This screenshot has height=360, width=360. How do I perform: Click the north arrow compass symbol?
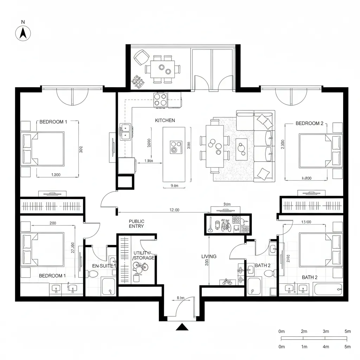tap(23, 34)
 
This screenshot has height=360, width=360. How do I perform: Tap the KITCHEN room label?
tap(165, 120)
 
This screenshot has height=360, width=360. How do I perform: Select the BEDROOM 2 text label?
tap(309, 123)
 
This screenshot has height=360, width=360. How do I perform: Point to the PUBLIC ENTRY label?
tap(136, 224)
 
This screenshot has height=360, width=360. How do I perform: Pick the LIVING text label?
tap(209, 257)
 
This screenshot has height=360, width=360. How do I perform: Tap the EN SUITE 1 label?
tap(104, 266)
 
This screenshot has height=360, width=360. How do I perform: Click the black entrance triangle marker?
tap(182, 327)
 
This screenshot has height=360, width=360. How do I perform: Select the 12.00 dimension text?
tap(174, 210)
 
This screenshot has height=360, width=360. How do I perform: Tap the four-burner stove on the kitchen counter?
tap(161, 99)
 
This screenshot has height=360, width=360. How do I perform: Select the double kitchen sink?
tap(126, 131)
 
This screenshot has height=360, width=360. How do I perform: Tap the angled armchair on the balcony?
tap(141, 57)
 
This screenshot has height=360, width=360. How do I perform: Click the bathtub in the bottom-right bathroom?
tap(327, 290)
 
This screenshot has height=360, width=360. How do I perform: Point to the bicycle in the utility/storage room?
tap(140, 268)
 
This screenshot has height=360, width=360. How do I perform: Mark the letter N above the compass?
tap(23, 22)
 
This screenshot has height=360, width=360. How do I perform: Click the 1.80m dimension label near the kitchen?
tap(149, 161)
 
